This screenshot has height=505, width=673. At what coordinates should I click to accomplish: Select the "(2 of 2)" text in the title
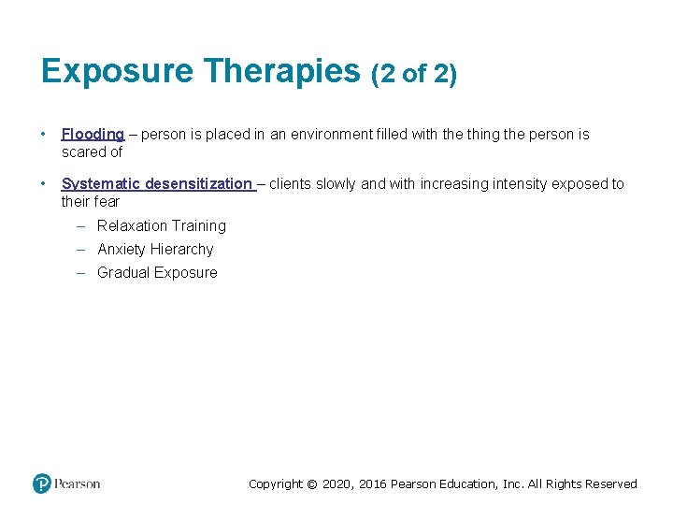(x=414, y=74)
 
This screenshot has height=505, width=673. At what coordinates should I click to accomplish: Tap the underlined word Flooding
(x=93, y=135)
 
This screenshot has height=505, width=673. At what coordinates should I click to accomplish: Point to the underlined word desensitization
(x=198, y=184)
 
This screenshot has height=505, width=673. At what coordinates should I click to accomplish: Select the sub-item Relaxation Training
(x=162, y=226)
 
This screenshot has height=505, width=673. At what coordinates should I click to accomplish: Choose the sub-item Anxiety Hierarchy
(x=155, y=250)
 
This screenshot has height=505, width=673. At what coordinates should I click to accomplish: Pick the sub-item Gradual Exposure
(x=157, y=273)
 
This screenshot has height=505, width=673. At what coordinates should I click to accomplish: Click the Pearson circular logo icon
(x=42, y=483)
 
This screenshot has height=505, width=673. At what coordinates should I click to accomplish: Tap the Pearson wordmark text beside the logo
(x=78, y=483)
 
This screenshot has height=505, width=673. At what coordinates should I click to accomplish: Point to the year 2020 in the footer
(x=338, y=484)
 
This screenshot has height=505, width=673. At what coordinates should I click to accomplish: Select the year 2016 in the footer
(x=373, y=484)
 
